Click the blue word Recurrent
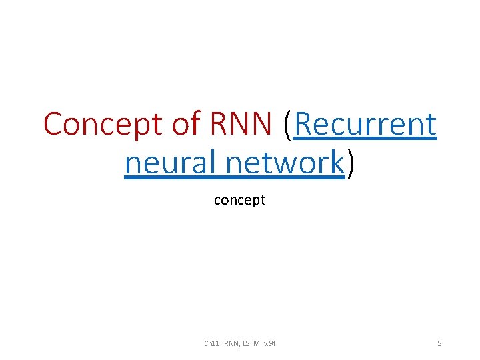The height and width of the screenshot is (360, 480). pyautogui.click(x=365, y=124)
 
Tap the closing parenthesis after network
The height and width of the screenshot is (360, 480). pyautogui.click(x=350, y=164)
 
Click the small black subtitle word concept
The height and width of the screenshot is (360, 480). pyautogui.click(x=239, y=201)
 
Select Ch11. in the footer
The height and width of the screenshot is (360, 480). pyautogui.click(x=213, y=343)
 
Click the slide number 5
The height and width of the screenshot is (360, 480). pyautogui.click(x=439, y=343)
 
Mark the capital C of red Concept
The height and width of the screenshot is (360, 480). pyautogui.click(x=54, y=124)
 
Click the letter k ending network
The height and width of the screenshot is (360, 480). pyautogui.click(x=336, y=162)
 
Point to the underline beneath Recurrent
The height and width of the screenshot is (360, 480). pyautogui.click(x=365, y=138)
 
